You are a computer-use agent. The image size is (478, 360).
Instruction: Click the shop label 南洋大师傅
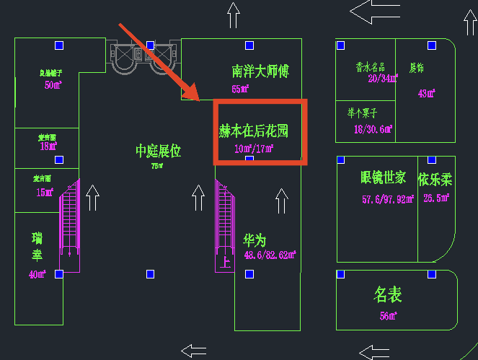point(260,71)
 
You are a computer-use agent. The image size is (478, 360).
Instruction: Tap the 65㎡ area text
point(240,89)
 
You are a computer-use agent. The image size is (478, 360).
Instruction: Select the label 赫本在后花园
point(254,131)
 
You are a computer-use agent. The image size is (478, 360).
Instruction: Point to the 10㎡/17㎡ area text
point(254,149)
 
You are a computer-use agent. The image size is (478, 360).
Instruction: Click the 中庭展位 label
point(158,151)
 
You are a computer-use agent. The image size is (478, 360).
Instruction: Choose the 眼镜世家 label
point(384,177)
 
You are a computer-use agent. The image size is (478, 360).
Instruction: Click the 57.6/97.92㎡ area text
point(387,199)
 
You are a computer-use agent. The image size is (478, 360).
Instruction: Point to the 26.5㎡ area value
point(437,198)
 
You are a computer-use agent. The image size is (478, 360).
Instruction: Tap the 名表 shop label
point(387,294)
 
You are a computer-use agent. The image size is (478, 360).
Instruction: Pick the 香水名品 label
point(371,67)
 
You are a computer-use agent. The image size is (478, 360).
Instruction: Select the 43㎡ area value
point(428,93)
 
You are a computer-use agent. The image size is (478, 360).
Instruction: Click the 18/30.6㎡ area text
point(372,129)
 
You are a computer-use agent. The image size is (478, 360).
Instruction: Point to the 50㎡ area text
point(53,85)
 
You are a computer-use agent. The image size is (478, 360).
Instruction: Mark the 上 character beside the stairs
point(225,262)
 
